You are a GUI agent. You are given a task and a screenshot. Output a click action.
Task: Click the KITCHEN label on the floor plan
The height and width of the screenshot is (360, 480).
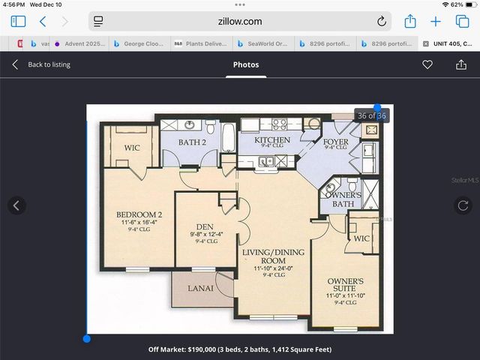click(272, 140)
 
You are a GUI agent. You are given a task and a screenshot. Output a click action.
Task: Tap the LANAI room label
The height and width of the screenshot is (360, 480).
click(200, 288)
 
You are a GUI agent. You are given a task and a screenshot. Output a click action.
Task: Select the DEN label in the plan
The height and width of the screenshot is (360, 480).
click(205, 226)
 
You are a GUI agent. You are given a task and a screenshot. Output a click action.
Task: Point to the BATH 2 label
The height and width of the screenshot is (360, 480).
click(193, 142)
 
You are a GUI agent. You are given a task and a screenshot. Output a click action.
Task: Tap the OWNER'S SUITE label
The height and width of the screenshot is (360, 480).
click(346, 285)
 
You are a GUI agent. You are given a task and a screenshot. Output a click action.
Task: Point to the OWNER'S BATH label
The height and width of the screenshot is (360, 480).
click(343, 199)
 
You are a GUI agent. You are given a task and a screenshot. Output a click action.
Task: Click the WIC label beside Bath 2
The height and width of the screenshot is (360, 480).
click(131, 148)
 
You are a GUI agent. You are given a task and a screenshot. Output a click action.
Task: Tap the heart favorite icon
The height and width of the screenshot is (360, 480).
click(427, 64)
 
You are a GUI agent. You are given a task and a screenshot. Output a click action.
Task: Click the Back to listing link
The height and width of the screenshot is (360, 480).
click(49, 64)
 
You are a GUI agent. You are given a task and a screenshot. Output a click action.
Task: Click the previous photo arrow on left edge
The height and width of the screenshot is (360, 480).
click(16, 205)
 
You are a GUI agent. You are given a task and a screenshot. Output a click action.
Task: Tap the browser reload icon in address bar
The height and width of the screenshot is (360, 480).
click(382, 22)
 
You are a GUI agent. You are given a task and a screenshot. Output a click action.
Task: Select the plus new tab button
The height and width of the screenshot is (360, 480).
click(435, 22)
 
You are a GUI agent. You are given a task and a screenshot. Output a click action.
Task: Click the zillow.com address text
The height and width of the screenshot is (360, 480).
click(240, 22)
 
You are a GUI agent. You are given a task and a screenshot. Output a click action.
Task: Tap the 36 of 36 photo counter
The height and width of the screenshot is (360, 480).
click(371, 115)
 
